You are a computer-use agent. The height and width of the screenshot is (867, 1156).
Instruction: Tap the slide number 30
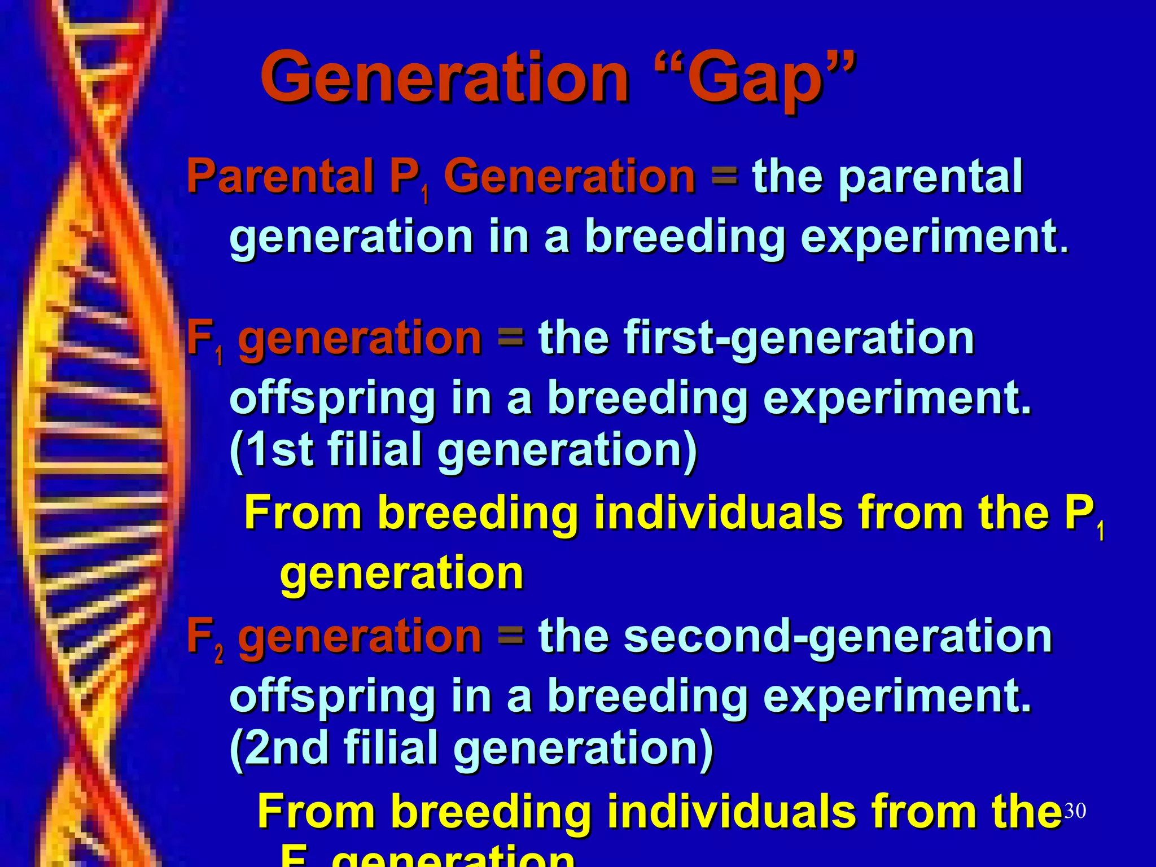pos(1075,811)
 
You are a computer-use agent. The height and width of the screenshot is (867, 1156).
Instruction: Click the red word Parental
pos(280,176)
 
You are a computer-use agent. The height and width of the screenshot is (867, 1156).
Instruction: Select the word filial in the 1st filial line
pos(375,449)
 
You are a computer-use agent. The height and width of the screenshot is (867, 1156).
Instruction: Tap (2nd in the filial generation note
pos(279,748)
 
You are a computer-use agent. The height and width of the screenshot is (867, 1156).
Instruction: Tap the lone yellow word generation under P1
pos(402,573)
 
